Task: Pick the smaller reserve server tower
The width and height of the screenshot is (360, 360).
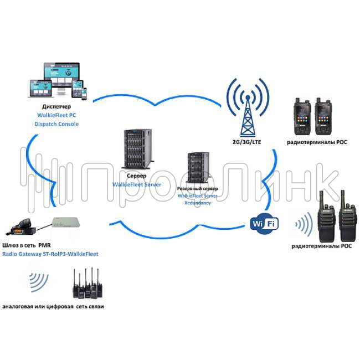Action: coord(197,168)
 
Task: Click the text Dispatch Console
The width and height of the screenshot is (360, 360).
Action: coord(57,124)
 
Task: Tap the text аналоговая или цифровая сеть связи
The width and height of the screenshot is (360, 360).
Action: coord(53,306)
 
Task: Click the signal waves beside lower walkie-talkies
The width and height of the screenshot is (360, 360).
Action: coord(302,224)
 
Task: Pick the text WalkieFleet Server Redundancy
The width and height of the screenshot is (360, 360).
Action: coord(198,199)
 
